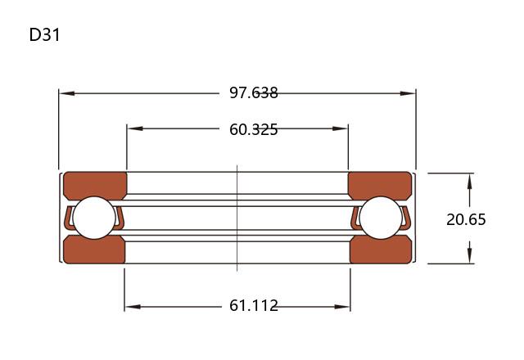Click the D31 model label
tap(44, 34)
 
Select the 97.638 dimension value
tap(254, 92)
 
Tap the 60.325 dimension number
tap(254, 129)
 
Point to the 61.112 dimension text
tap(254, 305)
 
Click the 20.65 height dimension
tap(466, 219)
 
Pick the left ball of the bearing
tap(94, 218)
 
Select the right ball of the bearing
tap(381, 218)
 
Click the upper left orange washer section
tap(95, 186)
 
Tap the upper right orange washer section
tap(380, 186)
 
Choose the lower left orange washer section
tap(94, 250)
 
